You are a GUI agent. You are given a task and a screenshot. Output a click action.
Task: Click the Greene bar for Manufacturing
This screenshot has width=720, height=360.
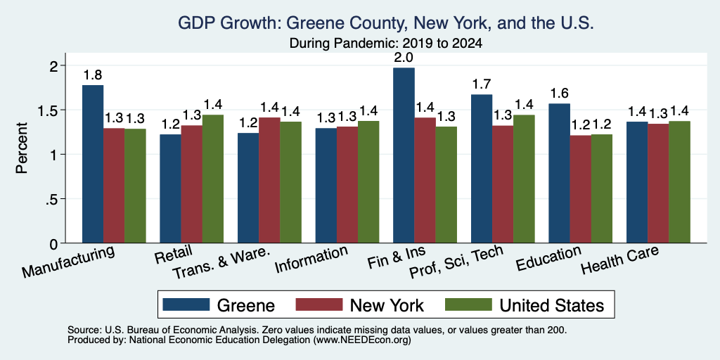(x=93, y=164)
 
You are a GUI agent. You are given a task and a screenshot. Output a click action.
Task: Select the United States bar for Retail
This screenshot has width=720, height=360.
(x=213, y=179)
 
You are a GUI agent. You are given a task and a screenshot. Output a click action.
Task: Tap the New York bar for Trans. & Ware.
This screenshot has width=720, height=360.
(x=269, y=180)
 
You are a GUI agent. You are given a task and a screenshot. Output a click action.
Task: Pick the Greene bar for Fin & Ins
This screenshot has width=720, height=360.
(x=404, y=155)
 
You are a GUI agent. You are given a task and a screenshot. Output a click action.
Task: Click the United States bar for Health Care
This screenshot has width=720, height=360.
(x=680, y=182)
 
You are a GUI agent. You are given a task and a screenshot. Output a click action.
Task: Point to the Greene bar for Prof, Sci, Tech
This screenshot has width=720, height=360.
(x=482, y=169)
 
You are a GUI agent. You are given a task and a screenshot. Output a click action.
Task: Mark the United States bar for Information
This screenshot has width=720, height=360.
(x=368, y=182)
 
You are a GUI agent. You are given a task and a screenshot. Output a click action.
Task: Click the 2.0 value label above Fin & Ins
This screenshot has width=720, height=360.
(x=404, y=58)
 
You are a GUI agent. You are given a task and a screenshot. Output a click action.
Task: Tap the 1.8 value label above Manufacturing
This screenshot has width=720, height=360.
(x=93, y=75)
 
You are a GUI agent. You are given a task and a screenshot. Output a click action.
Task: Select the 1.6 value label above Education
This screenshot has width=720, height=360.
(x=560, y=94)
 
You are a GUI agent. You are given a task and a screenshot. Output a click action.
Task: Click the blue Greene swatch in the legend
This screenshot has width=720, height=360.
(x=186, y=304)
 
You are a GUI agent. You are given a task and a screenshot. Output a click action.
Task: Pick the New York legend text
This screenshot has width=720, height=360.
(x=387, y=305)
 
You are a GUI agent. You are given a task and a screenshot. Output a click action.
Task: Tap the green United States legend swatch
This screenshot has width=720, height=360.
(x=469, y=304)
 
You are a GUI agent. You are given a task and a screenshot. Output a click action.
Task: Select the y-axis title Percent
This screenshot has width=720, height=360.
(x=22, y=148)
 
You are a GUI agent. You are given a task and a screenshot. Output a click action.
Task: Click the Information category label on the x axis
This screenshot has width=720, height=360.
(x=311, y=259)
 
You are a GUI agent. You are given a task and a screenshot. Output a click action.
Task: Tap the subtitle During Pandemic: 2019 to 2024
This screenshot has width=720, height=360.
(x=386, y=44)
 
